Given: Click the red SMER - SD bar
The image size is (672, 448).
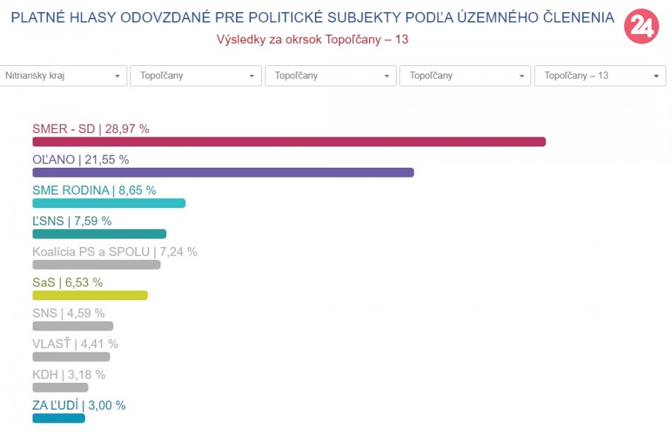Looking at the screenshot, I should (289, 142).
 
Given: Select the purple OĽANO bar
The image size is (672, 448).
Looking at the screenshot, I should (223, 172).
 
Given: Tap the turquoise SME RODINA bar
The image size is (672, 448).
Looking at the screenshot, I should (109, 203).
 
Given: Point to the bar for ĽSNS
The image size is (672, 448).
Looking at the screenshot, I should (99, 234).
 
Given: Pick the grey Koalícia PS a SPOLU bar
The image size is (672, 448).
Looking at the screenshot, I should (96, 265).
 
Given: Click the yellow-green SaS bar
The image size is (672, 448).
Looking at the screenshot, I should (90, 295).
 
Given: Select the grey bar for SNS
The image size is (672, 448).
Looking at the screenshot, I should (73, 326).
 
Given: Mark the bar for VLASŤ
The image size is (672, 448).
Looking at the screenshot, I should (71, 357).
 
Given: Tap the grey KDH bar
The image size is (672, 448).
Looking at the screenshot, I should (60, 387).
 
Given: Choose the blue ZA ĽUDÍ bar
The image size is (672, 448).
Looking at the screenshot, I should (59, 418).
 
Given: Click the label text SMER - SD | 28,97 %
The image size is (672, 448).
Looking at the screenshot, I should (91, 129).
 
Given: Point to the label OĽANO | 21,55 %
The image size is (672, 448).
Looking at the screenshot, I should (81, 160).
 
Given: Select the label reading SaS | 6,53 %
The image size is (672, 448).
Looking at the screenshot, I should (67, 282).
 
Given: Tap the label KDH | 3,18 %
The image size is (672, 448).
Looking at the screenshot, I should (69, 374).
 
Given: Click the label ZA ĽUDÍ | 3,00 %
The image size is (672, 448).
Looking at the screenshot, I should (79, 406).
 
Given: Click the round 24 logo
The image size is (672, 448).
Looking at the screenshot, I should (641, 27).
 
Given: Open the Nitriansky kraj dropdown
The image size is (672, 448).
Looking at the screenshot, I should (63, 76).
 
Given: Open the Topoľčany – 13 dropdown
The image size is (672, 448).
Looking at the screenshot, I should (600, 76).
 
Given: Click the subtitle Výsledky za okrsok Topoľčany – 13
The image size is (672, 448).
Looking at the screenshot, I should (312, 40).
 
